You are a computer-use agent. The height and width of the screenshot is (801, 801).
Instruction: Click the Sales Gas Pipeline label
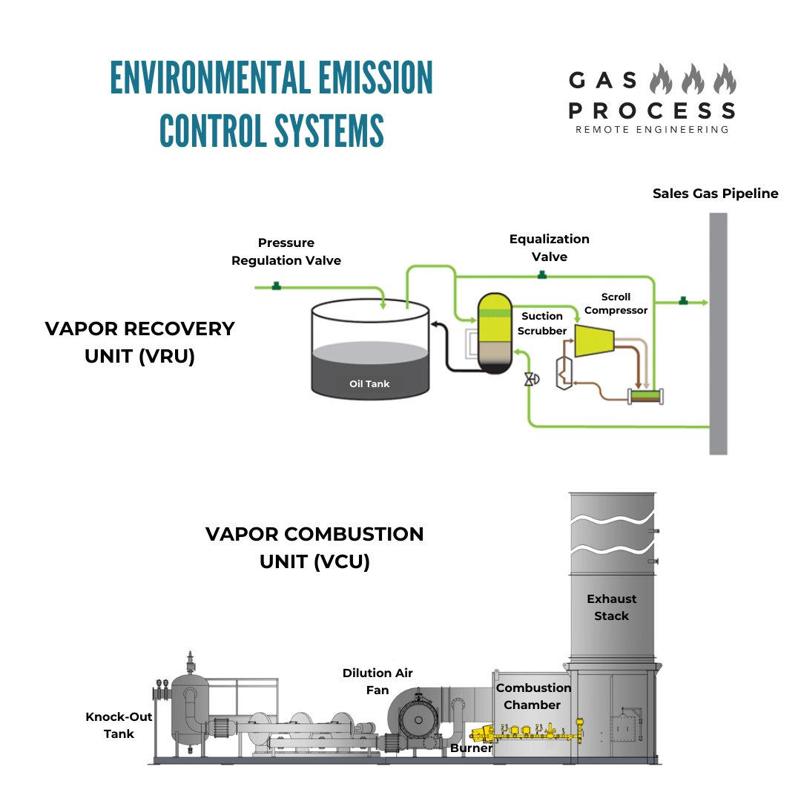(715, 194)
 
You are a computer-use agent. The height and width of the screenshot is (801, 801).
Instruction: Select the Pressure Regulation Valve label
(286, 251)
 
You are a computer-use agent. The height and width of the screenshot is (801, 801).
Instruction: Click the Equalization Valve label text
(549, 248)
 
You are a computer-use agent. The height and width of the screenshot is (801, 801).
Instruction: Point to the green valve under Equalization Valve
(542, 276)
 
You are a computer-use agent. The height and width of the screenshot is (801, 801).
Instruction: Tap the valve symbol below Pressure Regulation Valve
(276, 286)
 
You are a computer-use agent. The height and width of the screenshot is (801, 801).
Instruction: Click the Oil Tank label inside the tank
(369, 383)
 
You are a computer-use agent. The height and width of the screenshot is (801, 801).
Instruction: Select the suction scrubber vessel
(493, 332)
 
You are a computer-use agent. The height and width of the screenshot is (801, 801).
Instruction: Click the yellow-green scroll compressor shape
(597, 340)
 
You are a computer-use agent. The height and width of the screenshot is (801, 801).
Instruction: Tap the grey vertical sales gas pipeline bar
(718, 334)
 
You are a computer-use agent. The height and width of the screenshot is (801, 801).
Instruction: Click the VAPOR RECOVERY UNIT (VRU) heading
(139, 342)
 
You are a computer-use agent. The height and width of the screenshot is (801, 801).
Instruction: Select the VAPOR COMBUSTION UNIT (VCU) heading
(314, 547)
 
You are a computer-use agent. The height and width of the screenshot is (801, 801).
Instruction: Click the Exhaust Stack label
(611, 607)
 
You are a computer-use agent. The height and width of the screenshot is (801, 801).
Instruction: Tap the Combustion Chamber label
(533, 696)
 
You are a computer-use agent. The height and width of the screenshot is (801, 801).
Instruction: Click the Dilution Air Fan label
(378, 681)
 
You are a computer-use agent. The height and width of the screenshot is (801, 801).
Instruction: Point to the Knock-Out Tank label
(110, 725)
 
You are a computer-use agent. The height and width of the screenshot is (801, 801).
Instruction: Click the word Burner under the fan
(471, 748)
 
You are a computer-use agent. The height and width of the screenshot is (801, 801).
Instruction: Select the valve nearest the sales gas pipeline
(683, 301)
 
